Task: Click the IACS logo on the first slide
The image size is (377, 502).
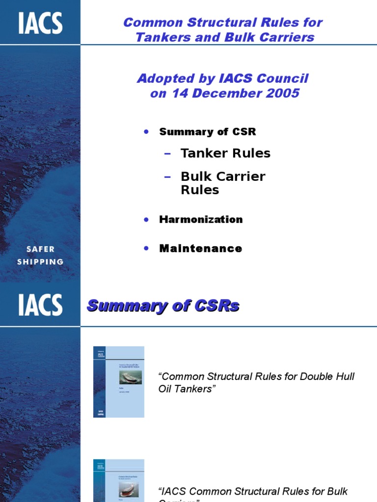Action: pos(40,24)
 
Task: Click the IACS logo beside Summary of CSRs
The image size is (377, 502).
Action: pos(40,305)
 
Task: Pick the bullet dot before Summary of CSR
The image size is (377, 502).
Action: pos(146,132)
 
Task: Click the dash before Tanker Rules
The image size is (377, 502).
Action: pos(168,153)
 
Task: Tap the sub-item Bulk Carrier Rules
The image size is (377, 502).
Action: pos(223,183)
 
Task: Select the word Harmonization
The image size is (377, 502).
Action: pos(201,219)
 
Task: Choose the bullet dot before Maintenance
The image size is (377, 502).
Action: pos(146,248)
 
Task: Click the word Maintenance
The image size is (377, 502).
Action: pos(200,248)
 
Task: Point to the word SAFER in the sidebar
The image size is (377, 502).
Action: pos(40,249)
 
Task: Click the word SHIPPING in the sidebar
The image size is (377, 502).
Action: pos(40,262)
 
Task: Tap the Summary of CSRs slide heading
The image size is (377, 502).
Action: pos(163,306)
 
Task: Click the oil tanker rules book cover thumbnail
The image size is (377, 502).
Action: pos(119,382)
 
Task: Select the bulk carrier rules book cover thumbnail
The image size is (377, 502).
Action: pos(119,480)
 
